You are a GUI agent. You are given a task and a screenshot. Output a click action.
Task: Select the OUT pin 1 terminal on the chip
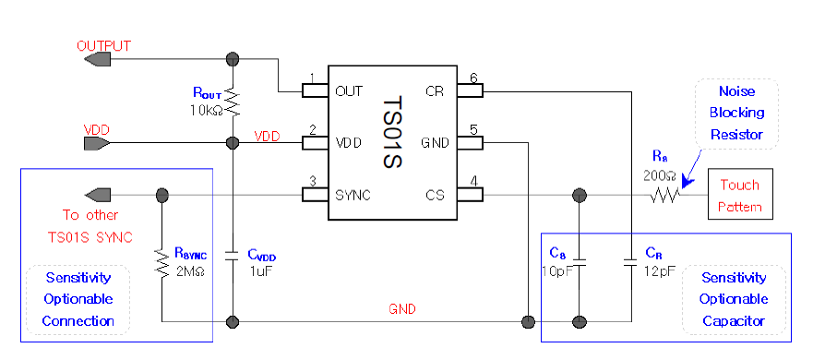point(316,91)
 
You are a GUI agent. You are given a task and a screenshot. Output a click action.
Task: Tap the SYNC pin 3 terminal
point(316,195)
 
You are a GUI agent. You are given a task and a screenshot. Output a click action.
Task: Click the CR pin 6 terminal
point(471,91)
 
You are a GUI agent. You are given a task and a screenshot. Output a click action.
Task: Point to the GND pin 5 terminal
point(471,143)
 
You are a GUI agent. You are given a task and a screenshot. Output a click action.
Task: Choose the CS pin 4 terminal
point(471,195)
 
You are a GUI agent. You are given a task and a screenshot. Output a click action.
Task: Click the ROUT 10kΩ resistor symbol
point(233,101)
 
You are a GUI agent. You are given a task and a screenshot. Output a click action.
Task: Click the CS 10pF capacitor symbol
point(580,261)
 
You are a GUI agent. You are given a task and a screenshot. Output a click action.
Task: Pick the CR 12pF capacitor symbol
point(630,261)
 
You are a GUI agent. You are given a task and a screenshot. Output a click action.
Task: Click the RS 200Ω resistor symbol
point(665,195)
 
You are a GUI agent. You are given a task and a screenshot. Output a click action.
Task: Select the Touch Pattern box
point(740,195)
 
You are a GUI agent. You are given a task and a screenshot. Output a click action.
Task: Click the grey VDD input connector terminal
point(96,144)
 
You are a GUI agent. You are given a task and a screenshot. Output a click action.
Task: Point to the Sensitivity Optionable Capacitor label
point(734,299)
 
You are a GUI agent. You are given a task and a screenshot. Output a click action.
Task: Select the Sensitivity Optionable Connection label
point(78,299)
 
